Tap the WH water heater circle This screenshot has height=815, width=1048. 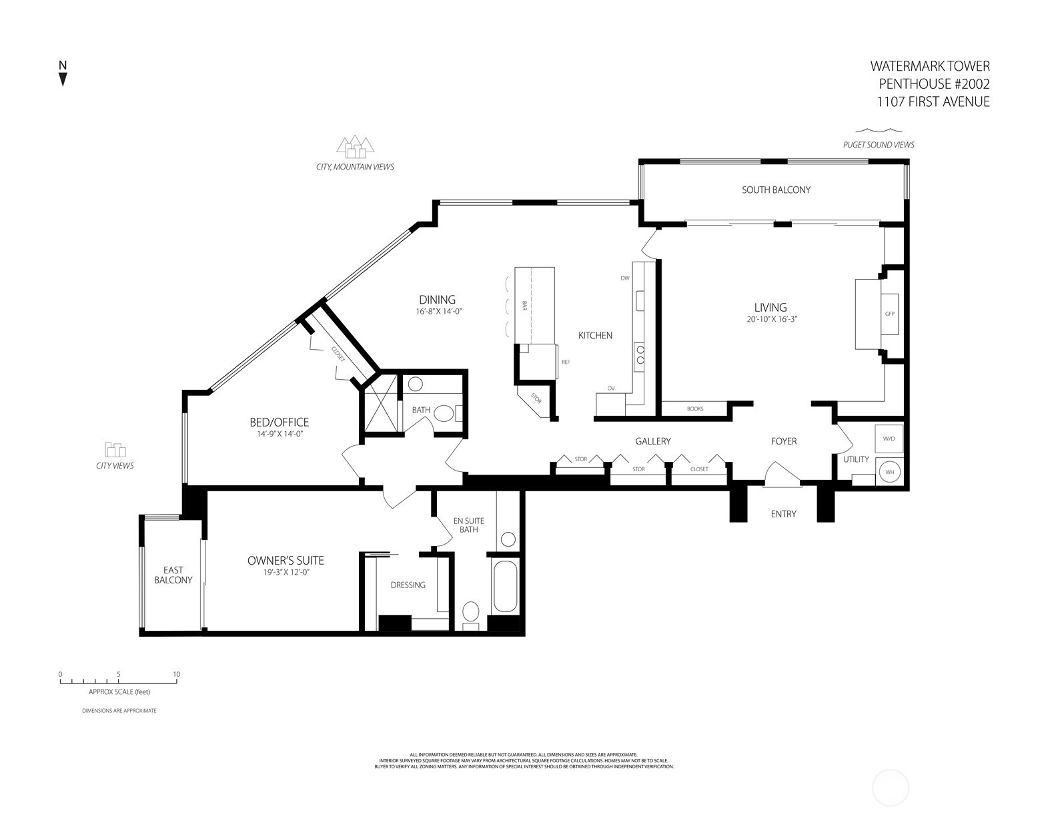pos(889,472)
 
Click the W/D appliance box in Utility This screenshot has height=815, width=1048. pos(889,439)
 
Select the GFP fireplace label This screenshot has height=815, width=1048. pos(889,314)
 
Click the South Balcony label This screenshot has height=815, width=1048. pos(776,190)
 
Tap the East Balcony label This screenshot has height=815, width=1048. pos(173,575)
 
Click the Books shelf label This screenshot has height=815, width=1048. pos(694,409)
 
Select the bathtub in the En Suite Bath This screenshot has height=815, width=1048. pos(505,586)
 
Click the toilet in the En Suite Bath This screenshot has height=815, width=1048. pos(471,612)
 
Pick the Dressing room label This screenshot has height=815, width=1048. pos(408,585)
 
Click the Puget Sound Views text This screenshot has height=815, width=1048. pos(878,145)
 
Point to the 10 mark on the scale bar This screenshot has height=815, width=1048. pos(176,674)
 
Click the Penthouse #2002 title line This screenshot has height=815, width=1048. pos(933,84)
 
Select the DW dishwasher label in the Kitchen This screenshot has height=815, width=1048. pos(624,278)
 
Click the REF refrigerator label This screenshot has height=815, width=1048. pos(565,362)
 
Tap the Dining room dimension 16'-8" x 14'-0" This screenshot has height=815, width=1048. pos(437,312)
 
